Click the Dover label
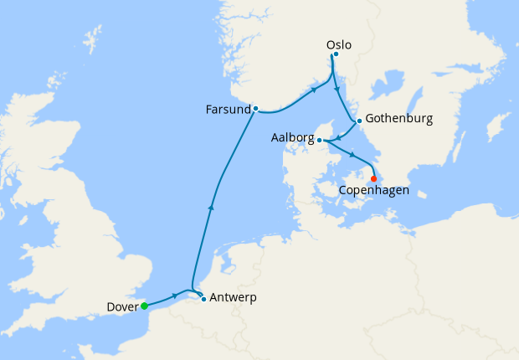(x=123, y=307)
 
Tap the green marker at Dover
(x=145, y=306)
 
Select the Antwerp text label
(x=234, y=297)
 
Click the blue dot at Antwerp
(x=203, y=299)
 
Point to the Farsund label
(x=229, y=110)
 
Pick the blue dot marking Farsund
(x=255, y=108)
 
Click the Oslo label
(x=339, y=45)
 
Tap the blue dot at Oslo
(x=336, y=55)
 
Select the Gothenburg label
(x=398, y=119)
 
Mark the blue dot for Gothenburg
(x=359, y=121)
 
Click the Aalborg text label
(x=292, y=137)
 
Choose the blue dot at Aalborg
(x=320, y=141)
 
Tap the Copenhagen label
(x=374, y=191)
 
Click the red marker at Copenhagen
(x=373, y=178)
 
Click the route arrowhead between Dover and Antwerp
(x=174, y=296)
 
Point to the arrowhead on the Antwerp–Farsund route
(x=211, y=206)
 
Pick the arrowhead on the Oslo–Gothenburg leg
(x=337, y=89)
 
